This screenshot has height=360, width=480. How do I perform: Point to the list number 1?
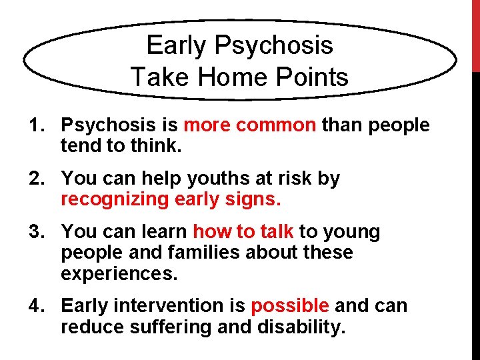(34, 125)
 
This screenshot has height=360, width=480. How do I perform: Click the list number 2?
(34, 179)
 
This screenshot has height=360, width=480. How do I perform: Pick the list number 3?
(34, 232)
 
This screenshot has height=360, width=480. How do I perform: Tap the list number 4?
(34, 306)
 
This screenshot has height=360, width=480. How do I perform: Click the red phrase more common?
(250, 125)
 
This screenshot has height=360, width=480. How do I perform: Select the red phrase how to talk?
(243, 232)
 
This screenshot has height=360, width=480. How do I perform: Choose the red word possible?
(290, 306)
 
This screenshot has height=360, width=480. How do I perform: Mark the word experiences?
(117, 274)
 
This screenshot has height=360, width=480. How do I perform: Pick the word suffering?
(165, 327)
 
